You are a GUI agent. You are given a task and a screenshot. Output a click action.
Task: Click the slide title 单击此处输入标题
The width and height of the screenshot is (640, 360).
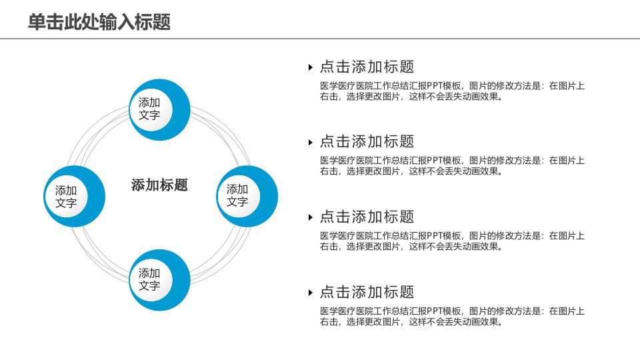[x=99, y=21]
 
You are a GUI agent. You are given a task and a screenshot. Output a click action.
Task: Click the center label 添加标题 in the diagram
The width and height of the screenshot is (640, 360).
[x=159, y=185]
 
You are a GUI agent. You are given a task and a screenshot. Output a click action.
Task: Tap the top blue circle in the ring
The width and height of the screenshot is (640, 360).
[x=159, y=110]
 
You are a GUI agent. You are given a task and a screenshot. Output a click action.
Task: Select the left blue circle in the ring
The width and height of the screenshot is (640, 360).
[x=74, y=196]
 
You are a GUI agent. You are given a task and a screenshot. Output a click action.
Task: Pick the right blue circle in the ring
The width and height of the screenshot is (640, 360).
[x=247, y=196]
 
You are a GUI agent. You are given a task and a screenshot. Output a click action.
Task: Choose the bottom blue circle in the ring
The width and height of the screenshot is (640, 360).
[x=159, y=280]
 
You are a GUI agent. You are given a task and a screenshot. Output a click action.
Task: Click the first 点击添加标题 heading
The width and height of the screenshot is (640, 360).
[x=367, y=67]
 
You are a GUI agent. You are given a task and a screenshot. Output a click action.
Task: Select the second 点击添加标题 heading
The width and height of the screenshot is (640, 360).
[x=367, y=141]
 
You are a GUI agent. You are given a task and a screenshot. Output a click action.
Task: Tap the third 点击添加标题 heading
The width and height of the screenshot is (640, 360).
[x=367, y=217]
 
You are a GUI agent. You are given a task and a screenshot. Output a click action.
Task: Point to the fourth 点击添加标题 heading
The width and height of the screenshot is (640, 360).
[x=367, y=292]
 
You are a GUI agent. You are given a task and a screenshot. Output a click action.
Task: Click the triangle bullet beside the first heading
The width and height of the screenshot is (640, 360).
[x=311, y=67]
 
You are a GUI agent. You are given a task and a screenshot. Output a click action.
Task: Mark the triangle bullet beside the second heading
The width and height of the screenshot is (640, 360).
[x=311, y=143]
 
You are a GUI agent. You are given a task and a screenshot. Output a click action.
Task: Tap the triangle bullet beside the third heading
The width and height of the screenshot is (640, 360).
[x=311, y=217]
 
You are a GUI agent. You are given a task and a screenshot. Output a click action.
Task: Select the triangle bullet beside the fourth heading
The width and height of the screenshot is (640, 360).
[x=311, y=293]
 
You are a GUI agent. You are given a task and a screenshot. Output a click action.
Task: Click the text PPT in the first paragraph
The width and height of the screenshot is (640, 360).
[x=434, y=86]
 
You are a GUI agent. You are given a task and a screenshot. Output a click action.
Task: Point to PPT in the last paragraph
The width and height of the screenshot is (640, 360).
[x=434, y=311]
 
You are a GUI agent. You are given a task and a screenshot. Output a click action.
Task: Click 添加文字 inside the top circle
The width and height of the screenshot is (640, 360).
[x=149, y=109]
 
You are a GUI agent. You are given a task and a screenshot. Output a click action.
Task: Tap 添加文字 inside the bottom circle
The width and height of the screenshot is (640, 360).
[x=149, y=279]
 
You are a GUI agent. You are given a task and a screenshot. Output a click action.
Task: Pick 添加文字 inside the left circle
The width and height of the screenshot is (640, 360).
[x=66, y=196]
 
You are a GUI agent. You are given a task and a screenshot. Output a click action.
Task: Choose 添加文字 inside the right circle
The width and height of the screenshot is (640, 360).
[x=237, y=195]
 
